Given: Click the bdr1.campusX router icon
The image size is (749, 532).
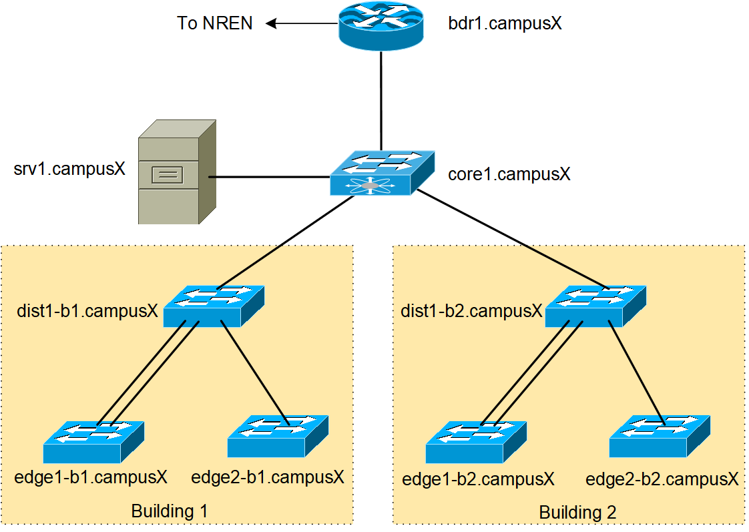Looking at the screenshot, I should (381, 25).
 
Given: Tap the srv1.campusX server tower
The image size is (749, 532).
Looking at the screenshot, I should (176, 173).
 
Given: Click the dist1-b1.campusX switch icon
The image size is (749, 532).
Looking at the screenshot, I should (214, 306).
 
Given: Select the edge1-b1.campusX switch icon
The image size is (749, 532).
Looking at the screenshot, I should (93, 442).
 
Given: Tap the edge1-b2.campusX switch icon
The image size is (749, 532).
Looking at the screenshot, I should (476, 443).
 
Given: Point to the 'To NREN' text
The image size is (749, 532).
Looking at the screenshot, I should (215, 23).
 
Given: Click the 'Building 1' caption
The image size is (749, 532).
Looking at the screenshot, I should (170, 512).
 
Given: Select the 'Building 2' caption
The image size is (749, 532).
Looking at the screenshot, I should (578, 513).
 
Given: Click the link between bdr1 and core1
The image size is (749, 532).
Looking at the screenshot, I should (381, 100).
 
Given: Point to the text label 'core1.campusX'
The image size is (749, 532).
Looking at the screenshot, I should (509, 175).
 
